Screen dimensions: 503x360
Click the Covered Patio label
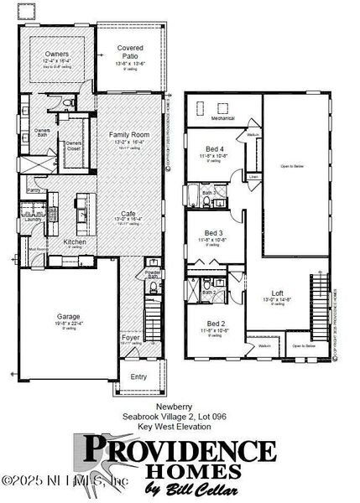tap(129, 52)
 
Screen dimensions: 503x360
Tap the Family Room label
tap(128, 135)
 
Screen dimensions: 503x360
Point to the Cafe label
tap(128, 214)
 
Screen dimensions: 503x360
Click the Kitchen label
tap(76, 241)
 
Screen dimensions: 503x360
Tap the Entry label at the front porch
tap(139, 376)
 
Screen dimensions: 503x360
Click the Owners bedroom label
tap(57, 54)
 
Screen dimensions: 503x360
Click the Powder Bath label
tap(152, 274)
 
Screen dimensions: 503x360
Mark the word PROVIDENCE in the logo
tap(180, 448)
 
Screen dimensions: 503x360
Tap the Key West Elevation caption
tap(181, 427)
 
